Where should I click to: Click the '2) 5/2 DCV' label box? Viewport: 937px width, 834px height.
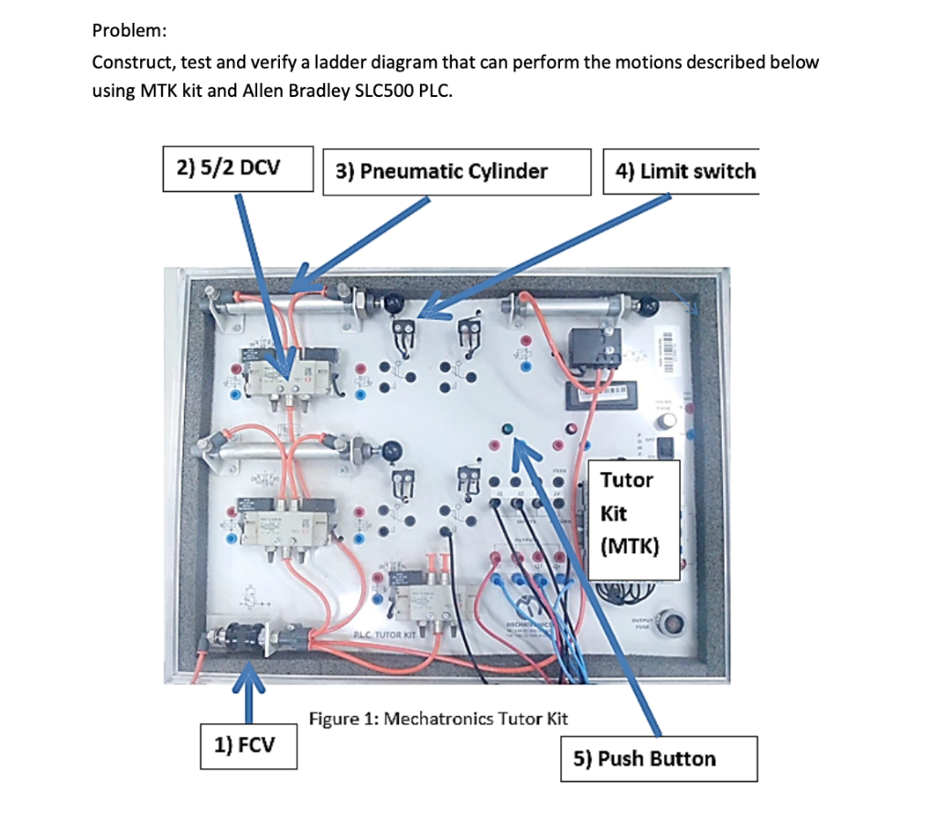(238, 169)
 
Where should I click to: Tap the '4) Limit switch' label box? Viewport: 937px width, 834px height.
(680, 171)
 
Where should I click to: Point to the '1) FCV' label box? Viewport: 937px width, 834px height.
(249, 745)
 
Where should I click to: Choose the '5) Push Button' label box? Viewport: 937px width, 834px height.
(659, 759)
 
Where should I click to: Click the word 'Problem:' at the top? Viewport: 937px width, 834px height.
(129, 30)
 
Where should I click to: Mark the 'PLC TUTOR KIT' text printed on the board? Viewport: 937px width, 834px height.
(384, 634)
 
